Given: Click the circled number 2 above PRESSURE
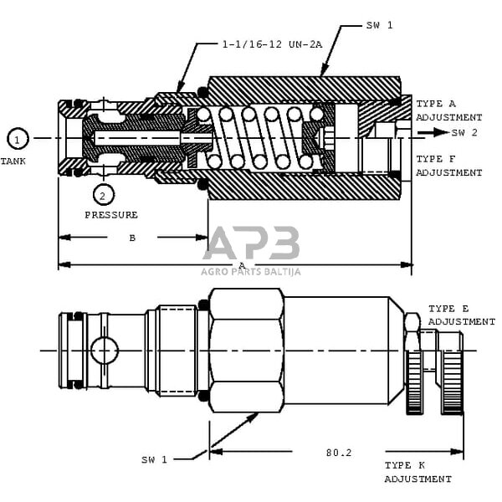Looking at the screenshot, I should (102, 196).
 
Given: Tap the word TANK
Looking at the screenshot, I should (13, 160).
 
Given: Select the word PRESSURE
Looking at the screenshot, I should (111, 215).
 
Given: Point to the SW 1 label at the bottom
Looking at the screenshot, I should (154, 458).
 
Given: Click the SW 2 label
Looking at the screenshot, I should (465, 133).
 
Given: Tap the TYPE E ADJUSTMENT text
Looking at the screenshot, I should (461, 315).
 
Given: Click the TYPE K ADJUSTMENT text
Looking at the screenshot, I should (417, 472).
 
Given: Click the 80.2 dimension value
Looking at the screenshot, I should (339, 453).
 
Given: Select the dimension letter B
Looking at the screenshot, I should (132, 238).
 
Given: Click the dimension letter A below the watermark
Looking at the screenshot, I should (242, 265).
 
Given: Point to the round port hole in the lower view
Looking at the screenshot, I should (105, 350).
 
